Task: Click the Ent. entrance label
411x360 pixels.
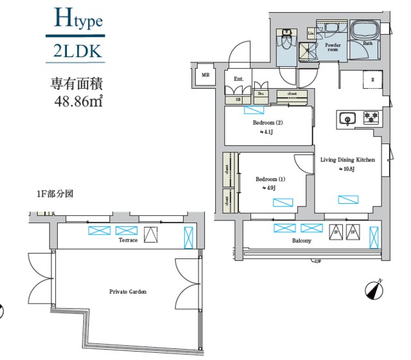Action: click(239, 79)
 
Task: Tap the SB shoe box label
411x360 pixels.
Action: click(238, 100)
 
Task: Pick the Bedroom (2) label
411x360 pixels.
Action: click(267, 122)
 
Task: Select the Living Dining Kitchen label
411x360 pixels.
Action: click(347, 160)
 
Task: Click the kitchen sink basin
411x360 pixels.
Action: click(347, 118)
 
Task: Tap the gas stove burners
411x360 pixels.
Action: click(371, 118)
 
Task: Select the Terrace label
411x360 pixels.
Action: click(128, 240)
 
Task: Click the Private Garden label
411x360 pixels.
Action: click(128, 292)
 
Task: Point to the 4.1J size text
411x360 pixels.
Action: click(267, 132)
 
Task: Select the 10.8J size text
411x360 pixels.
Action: click(347, 170)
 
